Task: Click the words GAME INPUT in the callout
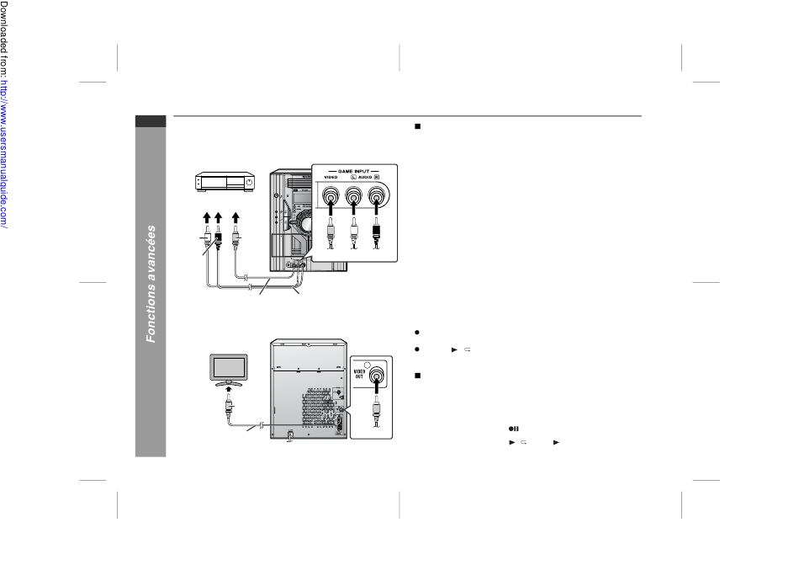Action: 353,171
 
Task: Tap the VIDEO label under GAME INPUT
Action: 331,177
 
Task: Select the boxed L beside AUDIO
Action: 353,177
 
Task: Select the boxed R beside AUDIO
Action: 377,177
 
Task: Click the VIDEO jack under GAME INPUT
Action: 331,195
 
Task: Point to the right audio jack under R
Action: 376,195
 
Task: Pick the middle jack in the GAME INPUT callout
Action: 353,195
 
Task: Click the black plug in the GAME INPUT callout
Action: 376,233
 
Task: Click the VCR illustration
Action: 225,182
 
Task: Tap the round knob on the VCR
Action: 249,182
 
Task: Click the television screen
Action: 229,367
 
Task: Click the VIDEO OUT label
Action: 359,374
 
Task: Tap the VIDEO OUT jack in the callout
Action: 377,376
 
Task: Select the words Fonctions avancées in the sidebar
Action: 151,284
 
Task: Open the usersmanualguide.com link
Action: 4,154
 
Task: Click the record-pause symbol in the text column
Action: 514,429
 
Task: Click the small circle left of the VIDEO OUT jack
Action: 368,365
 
